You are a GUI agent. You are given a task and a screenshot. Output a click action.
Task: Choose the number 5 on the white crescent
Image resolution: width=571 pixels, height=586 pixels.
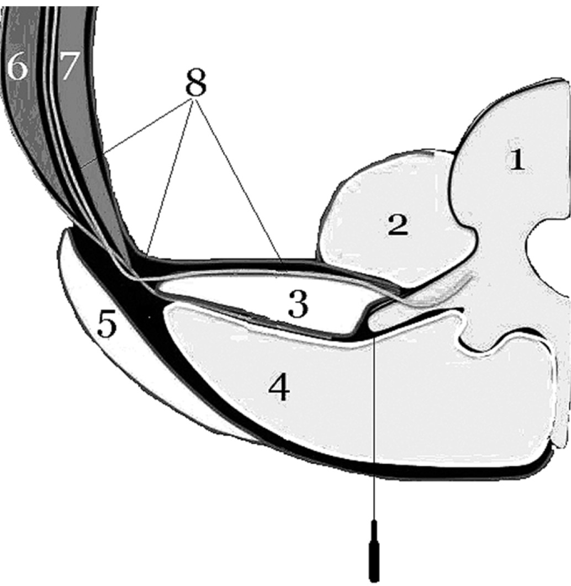point(107,326)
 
